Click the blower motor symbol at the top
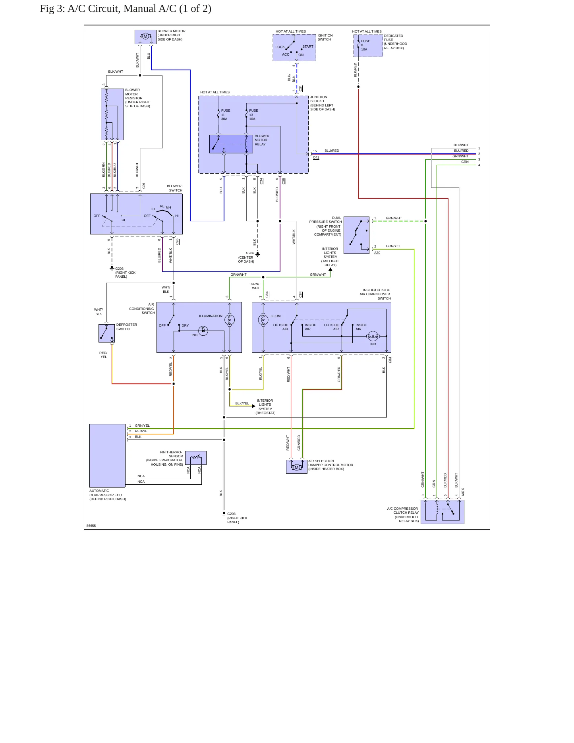[145, 37]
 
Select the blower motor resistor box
[112, 114]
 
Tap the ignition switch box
[294, 48]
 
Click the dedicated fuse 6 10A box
[368, 46]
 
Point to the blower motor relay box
[231, 144]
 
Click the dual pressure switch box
[357, 235]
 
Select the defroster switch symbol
[106, 333]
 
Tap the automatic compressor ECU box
[108, 456]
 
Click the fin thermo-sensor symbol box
[196, 458]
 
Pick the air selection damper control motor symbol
[297, 467]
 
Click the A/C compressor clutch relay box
[443, 512]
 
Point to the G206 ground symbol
[258, 254]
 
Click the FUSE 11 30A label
[225, 115]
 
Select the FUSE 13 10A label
[253, 115]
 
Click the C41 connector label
[316, 158]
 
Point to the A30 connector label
[377, 253]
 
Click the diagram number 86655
[91, 526]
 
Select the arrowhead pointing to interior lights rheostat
[253, 406]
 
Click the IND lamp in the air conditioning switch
[203, 331]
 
